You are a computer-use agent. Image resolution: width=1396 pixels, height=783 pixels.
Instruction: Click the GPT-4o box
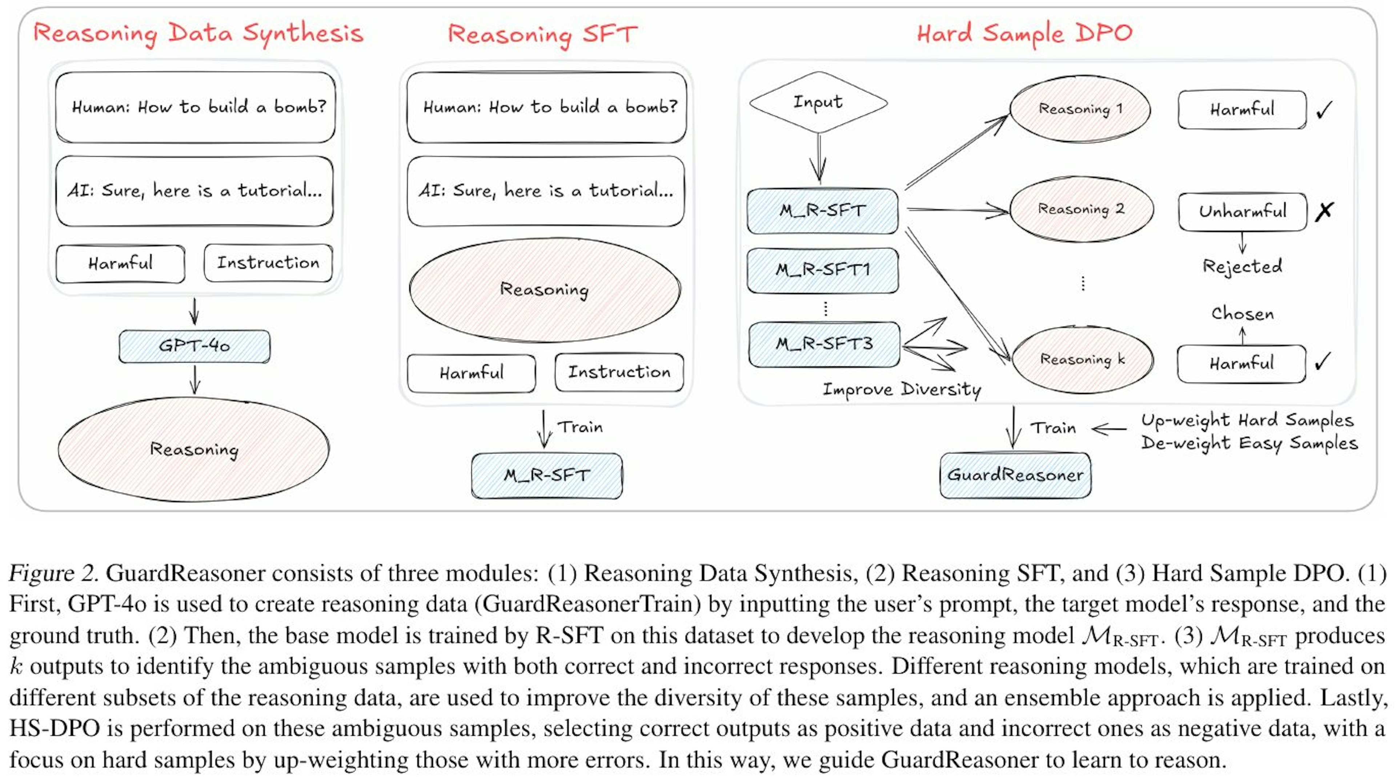194,346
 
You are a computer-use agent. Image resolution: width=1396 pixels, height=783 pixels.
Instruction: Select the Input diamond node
818,102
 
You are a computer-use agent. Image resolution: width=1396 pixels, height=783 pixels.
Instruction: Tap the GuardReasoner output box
1015,475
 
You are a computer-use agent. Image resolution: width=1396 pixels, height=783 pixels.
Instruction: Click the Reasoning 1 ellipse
1080,109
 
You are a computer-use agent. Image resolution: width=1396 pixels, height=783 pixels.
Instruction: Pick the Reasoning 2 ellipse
1081,209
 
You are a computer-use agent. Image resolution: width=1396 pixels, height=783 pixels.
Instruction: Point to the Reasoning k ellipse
1082,359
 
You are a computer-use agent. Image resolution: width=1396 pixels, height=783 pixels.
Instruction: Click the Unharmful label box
1242,211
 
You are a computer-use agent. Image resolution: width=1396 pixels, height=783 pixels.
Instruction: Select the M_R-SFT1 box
823,270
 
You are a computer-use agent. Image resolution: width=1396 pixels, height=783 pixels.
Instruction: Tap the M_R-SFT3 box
824,344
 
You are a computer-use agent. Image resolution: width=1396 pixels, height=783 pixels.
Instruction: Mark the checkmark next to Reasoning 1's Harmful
1324,110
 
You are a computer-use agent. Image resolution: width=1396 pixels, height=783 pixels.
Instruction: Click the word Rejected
1242,266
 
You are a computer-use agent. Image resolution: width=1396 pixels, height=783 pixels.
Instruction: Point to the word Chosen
1242,314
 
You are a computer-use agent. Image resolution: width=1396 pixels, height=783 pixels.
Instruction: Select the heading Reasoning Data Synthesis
198,33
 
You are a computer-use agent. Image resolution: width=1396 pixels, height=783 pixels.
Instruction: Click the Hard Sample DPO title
1024,33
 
